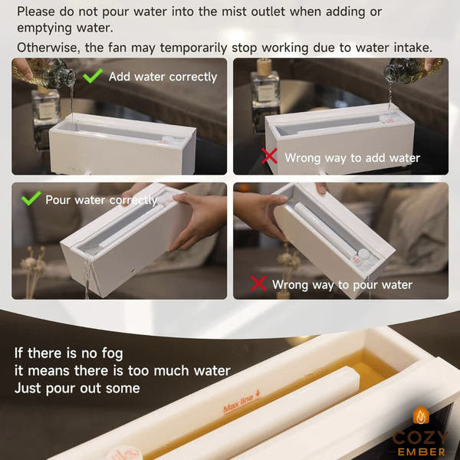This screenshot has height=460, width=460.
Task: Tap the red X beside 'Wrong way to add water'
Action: click(x=268, y=157)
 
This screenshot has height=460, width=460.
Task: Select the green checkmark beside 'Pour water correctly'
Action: click(x=31, y=199)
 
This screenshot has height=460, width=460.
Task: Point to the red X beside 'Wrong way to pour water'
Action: click(x=259, y=284)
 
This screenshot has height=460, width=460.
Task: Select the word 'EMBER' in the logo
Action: click(x=421, y=452)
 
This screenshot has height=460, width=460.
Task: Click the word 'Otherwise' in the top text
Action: click(x=47, y=48)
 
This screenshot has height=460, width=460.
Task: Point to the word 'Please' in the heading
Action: click(x=40, y=11)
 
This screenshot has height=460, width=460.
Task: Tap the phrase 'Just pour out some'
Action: click(x=77, y=388)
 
